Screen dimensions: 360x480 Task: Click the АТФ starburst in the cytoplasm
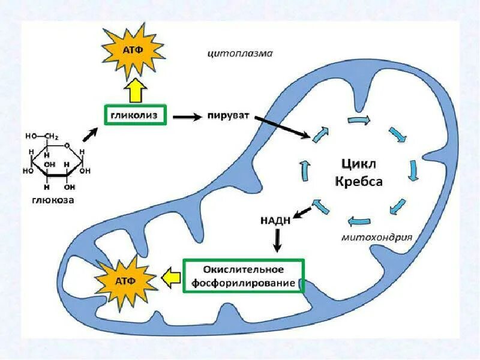(134, 50)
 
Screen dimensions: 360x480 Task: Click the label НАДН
(276, 220)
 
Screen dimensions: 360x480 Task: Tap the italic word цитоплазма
(240, 53)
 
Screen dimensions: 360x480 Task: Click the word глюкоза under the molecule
(53, 200)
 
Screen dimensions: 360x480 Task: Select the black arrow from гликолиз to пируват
(187, 117)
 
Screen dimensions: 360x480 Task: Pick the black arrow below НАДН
(277, 240)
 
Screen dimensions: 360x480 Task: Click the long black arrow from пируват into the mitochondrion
(282, 128)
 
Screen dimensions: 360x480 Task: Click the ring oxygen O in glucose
(67, 145)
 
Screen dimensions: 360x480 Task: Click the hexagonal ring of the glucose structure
(56, 161)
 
